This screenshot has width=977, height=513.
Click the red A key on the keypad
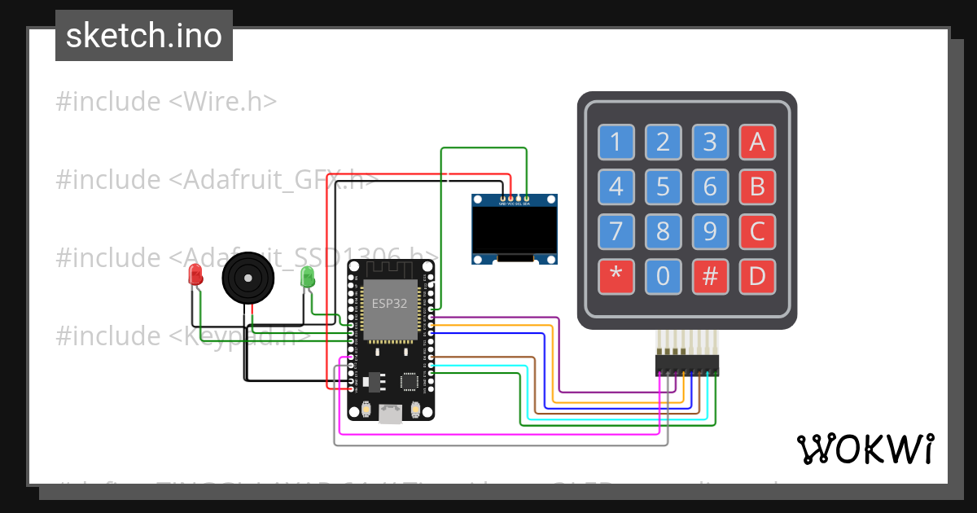point(757,142)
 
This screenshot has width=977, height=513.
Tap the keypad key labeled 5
point(663,187)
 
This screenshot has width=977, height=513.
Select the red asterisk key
point(616,277)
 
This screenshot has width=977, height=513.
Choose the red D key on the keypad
point(757,277)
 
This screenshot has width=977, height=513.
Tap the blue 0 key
point(663,277)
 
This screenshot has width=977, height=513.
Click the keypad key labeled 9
point(710,232)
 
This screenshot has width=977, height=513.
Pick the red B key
point(757,187)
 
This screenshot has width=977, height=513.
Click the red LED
point(195,275)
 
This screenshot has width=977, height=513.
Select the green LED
point(308,277)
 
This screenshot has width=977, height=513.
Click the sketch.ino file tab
point(144,36)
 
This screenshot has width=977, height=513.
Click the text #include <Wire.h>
point(167,102)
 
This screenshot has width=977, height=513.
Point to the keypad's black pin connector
point(687,365)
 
